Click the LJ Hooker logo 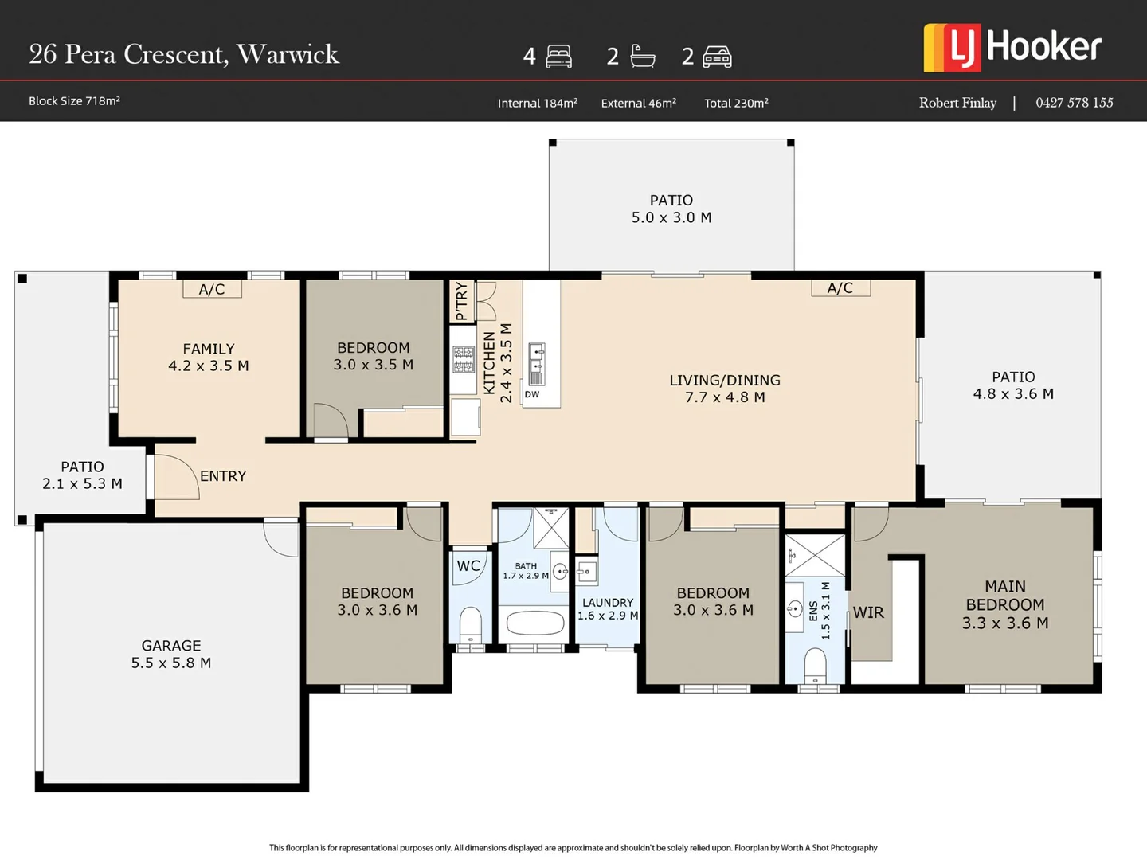[x=1012, y=47]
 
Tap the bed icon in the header [x=559, y=56]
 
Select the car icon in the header [x=717, y=57]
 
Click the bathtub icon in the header [x=642, y=56]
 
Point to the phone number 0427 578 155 [x=1074, y=103]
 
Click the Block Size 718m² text [x=74, y=101]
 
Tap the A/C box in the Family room [x=212, y=289]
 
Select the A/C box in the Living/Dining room [x=840, y=288]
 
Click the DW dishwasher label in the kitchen [x=532, y=394]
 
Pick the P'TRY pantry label [x=461, y=301]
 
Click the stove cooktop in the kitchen [x=464, y=360]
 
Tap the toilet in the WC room [x=471, y=625]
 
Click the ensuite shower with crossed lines [x=815, y=555]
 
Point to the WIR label [x=868, y=612]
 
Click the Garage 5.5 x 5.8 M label [x=171, y=654]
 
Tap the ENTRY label [x=223, y=476]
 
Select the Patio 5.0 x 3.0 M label [x=671, y=209]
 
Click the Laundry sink [x=586, y=572]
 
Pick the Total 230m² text [x=736, y=103]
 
